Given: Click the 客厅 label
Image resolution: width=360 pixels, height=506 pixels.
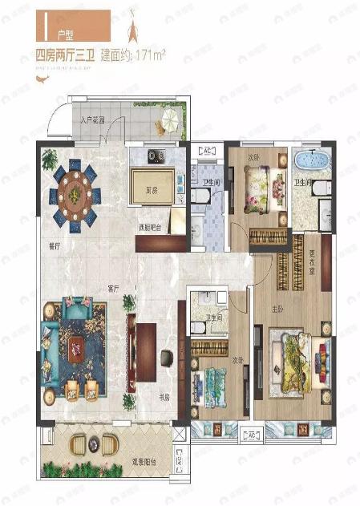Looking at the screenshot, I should (112, 287).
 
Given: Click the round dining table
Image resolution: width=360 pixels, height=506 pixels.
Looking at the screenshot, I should (75, 192).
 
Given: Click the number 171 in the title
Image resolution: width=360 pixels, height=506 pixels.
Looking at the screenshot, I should (147, 55).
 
